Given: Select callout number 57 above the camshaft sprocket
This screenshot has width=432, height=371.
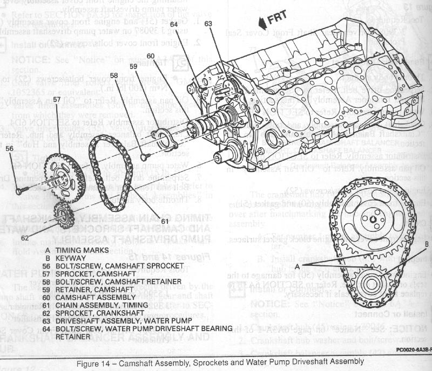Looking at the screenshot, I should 56,100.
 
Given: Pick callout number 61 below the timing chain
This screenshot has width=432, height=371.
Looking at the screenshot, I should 165,220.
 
